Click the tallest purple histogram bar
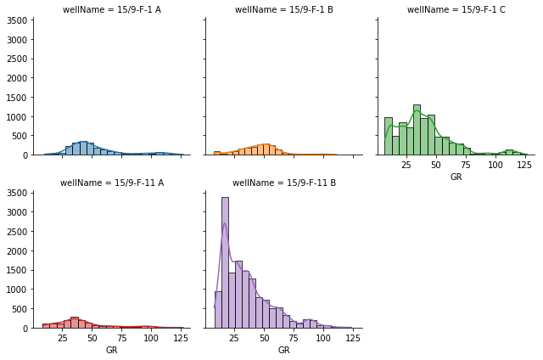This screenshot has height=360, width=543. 225,262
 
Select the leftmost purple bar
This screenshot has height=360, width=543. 218,310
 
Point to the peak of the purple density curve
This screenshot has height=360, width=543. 225,223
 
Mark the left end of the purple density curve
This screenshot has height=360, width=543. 215,307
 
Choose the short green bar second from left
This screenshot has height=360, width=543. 395,145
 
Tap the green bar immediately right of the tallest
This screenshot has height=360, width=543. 424,137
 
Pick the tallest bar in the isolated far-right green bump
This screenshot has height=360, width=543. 509,152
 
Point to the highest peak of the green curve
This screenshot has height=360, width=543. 416,111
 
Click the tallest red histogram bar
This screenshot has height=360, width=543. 75,323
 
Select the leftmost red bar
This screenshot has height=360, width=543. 46,325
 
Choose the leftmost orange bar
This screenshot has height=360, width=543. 216,153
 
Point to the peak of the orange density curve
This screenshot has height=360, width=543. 264,144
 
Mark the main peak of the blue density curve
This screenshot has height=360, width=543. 83,142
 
